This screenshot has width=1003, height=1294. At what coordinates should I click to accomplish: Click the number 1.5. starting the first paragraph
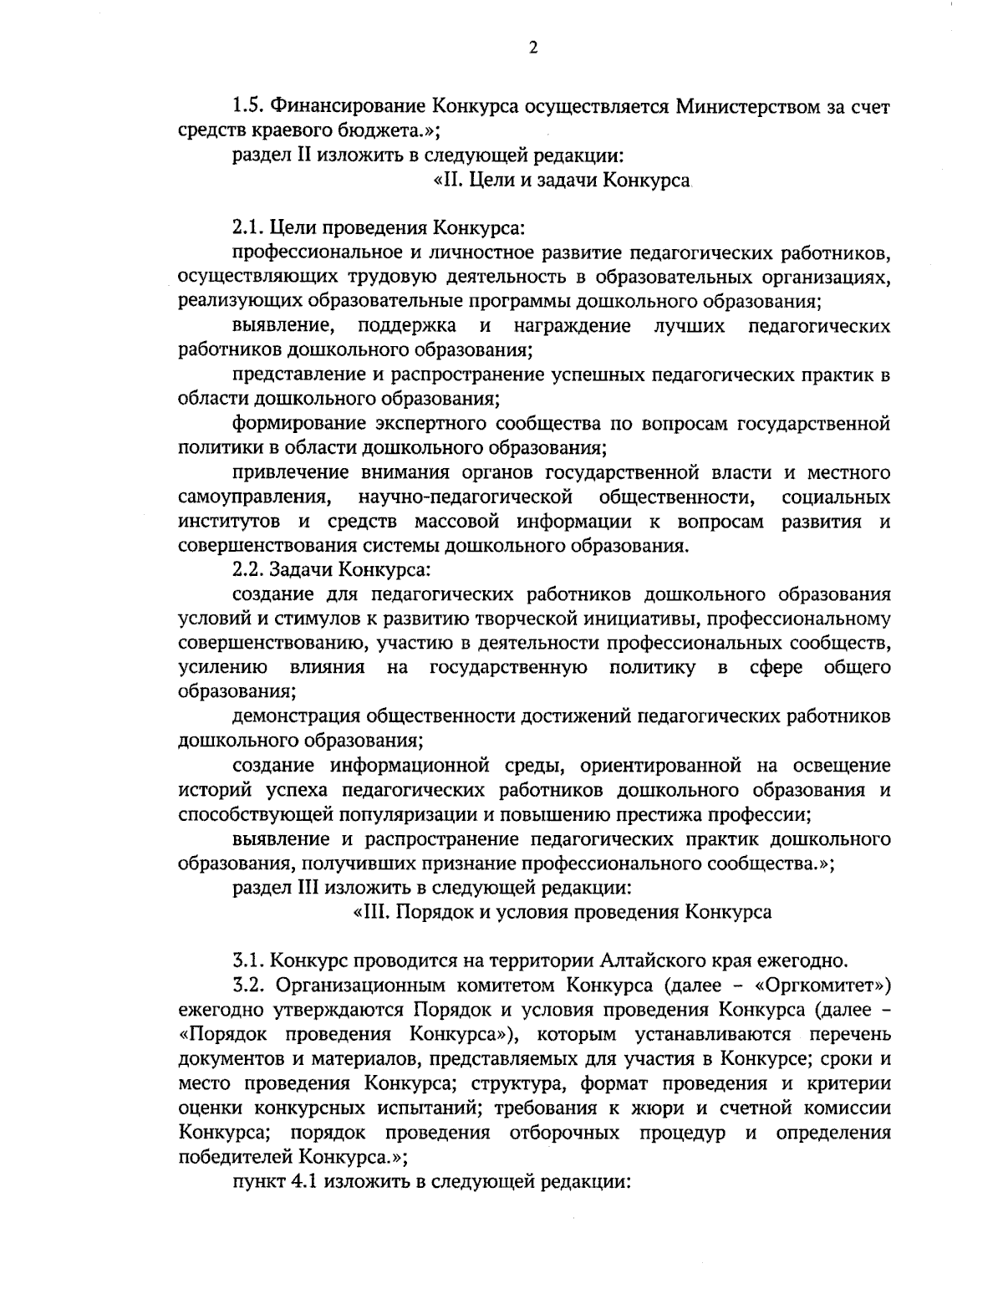pos(249,107)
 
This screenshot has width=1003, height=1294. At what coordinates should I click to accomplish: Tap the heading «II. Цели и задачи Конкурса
pos(561,180)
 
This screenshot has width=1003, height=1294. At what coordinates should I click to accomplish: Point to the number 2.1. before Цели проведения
pos(249,228)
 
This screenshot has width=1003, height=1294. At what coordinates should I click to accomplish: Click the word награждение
pos(572,325)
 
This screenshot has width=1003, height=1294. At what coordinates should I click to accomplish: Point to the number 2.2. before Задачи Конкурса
pos(249,571)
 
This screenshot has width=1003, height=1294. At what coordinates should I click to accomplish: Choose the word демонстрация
pos(296,716)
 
